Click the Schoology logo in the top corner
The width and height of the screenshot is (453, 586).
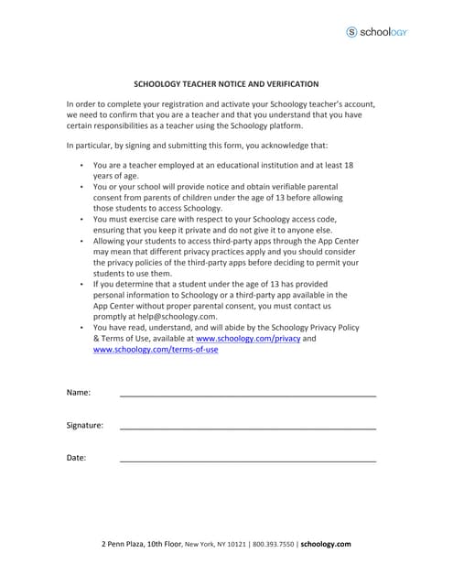click(x=376, y=32)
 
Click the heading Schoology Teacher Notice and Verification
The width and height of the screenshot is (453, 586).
click(x=226, y=83)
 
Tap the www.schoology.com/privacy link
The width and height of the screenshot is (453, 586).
click(x=248, y=339)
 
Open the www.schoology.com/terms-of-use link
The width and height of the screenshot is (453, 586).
click(x=156, y=350)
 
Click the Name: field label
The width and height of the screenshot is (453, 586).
click(x=79, y=393)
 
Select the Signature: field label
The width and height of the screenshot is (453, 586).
click(x=85, y=425)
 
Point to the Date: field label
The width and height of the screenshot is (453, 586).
click(x=77, y=457)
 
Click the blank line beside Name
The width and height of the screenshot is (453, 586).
click(x=247, y=395)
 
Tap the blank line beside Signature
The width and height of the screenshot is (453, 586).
click(x=247, y=427)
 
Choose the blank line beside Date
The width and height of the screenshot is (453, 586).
click(x=247, y=460)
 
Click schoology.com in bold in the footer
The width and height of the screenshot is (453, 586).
click(x=326, y=544)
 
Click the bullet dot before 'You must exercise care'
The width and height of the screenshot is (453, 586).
click(x=81, y=220)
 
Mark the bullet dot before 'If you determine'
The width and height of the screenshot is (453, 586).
click(x=81, y=284)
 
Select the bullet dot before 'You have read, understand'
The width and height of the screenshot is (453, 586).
click(x=81, y=328)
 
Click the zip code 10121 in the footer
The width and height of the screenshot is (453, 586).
click(x=237, y=544)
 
